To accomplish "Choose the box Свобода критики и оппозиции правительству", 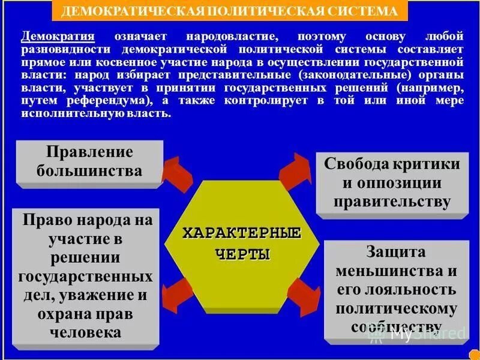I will click(x=392, y=182).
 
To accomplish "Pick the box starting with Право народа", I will click(x=85, y=276).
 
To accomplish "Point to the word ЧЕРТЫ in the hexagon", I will click(x=242, y=254).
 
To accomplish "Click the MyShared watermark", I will click(x=420, y=334).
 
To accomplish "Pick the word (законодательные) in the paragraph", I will click(x=348, y=75).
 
